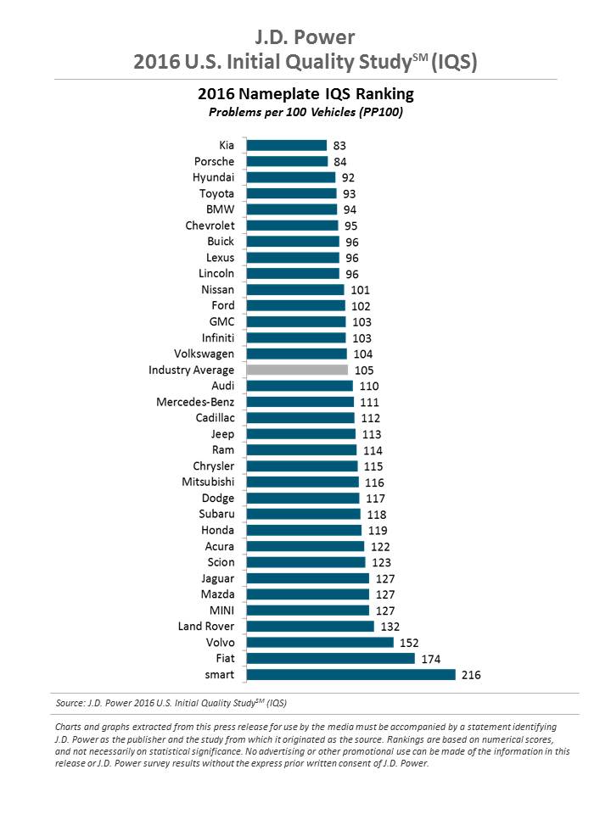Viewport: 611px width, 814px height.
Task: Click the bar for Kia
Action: tap(286, 146)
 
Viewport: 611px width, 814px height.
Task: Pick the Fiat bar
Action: tap(330, 658)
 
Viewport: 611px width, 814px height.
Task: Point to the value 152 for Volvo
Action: tap(409, 642)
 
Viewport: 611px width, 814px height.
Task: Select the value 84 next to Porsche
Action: tap(340, 162)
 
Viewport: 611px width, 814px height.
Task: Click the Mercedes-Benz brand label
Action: tap(195, 402)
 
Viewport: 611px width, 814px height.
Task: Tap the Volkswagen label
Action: tap(204, 354)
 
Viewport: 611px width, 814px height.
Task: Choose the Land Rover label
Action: tap(206, 626)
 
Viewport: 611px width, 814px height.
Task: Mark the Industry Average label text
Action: tap(191, 370)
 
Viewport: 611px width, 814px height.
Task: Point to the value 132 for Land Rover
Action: tap(390, 626)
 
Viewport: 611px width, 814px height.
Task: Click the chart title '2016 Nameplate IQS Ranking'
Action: tap(305, 93)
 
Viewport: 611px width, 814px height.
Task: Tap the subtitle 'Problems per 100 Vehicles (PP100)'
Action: tap(305, 111)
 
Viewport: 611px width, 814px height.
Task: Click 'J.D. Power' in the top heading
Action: tap(305, 36)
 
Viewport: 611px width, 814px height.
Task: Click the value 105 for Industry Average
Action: tap(363, 370)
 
